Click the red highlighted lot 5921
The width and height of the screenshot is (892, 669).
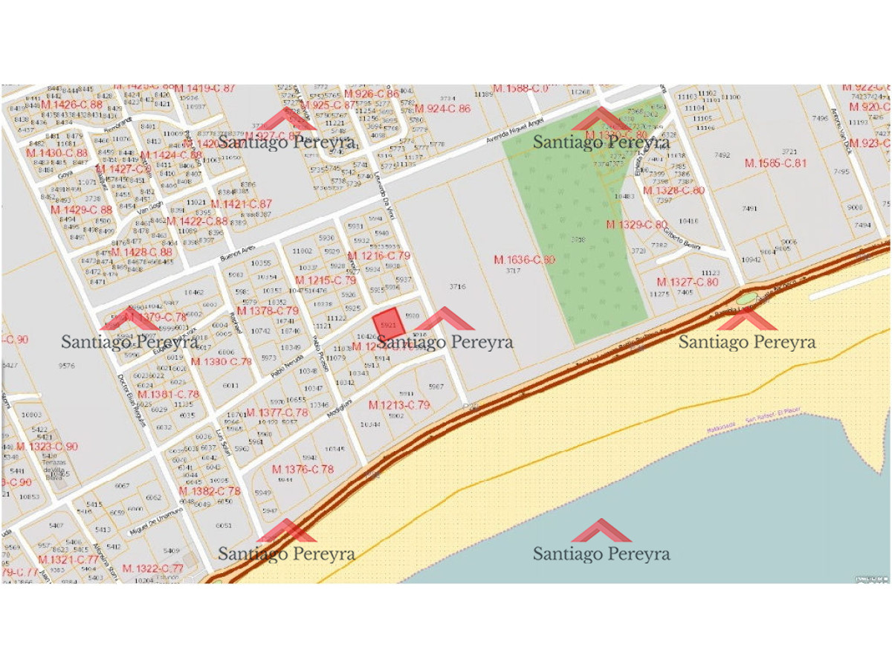[x=389, y=324]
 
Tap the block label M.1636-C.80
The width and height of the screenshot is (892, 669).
[x=525, y=259]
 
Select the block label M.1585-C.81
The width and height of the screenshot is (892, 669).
[x=775, y=163]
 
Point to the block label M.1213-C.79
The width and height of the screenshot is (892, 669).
[x=399, y=405]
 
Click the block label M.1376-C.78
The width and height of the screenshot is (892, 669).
[x=303, y=469]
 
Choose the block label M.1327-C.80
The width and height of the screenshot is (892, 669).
[x=688, y=282]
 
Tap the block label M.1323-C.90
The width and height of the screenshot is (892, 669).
[x=47, y=447]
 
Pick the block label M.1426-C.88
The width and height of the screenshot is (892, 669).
[x=71, y=104]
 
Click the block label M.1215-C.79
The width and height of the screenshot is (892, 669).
[x=321, y=280]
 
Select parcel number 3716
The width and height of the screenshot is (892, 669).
[x=457, y=286]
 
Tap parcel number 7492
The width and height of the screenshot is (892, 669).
[x=722, y=155]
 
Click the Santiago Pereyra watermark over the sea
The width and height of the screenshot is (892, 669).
[x=601, y=554]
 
